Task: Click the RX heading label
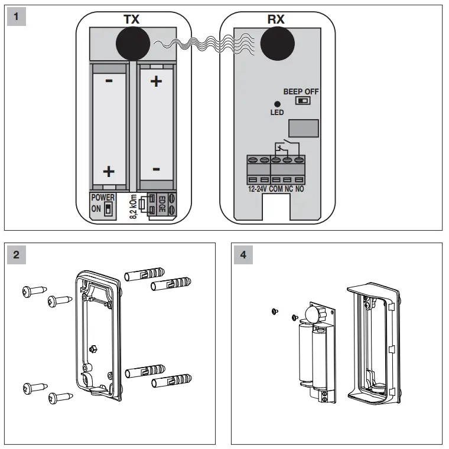276,19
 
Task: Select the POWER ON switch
108,209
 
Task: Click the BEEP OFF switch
304,101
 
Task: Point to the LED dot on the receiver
277,104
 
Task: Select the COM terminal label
276,189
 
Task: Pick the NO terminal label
300,189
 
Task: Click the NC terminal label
288,189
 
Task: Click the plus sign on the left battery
109,171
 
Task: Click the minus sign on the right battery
156,170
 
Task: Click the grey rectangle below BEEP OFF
304,128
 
